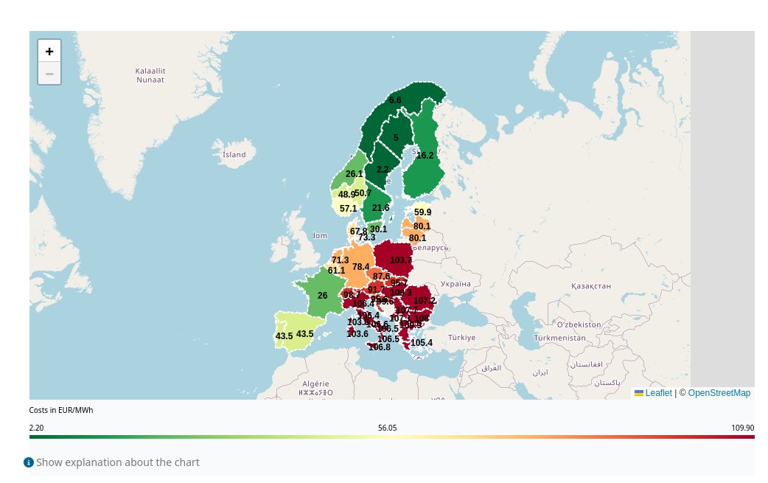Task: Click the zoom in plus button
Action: click(x=49, y=52)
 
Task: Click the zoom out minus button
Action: click(x=49, y=74)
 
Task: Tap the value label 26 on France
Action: click(x=322, y=296)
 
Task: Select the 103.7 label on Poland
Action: click(x=401, y=260)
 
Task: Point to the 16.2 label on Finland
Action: click(x=425, y=156)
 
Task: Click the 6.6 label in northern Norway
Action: click(x=395, y=100)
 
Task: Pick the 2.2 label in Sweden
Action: click(x=383, y=170)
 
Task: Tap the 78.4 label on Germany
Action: click(x=361, y=267)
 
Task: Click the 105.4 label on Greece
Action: click(x=422, y=343)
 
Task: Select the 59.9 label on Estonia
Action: click(x=422, y=212)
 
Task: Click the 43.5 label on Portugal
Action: click(x=284, y=336)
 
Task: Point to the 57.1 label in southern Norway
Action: click(x=348, y=209)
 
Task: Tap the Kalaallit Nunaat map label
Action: click(x=150, y=74)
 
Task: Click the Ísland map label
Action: click(x=234, y=155)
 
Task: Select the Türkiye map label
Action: click(x=463, y=337)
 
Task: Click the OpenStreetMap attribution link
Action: click(x=719, y=393)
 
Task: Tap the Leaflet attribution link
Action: click(x=658, y=393)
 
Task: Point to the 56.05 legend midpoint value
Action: click(x=387, y=428)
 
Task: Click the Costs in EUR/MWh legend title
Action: click(x=61, y=410)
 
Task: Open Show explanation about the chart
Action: click(x=117, y=462)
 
